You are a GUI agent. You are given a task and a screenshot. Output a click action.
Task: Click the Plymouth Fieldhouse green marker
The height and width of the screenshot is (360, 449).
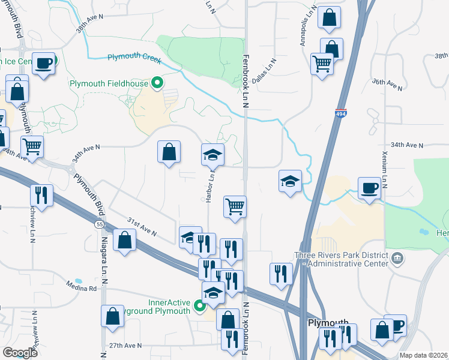[158, 83]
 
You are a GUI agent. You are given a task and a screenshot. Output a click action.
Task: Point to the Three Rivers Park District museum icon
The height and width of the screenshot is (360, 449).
[396, 258]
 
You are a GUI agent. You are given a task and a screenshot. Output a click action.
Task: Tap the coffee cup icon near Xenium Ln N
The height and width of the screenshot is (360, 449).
[369, 188]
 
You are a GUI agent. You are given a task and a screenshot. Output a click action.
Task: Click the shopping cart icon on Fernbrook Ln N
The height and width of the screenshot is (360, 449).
[235, 206]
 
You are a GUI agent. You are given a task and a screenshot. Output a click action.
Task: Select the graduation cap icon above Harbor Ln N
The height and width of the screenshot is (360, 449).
[212, 155]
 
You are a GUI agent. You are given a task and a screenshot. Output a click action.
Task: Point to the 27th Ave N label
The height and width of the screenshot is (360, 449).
[125, 346]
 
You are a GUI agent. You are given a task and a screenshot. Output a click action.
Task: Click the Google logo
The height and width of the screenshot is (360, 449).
[20, 353]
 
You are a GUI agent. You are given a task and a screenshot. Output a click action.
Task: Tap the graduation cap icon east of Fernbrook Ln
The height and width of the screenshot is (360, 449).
[290, 181]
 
